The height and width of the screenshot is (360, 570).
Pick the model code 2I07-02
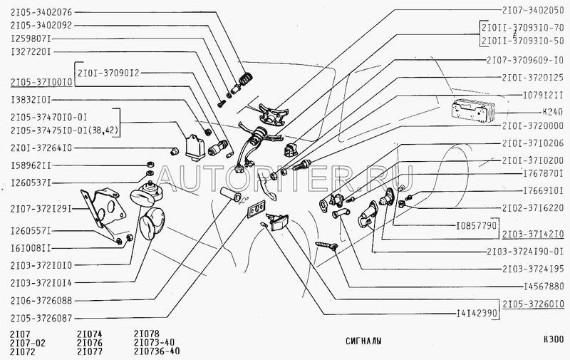[26, 342]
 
